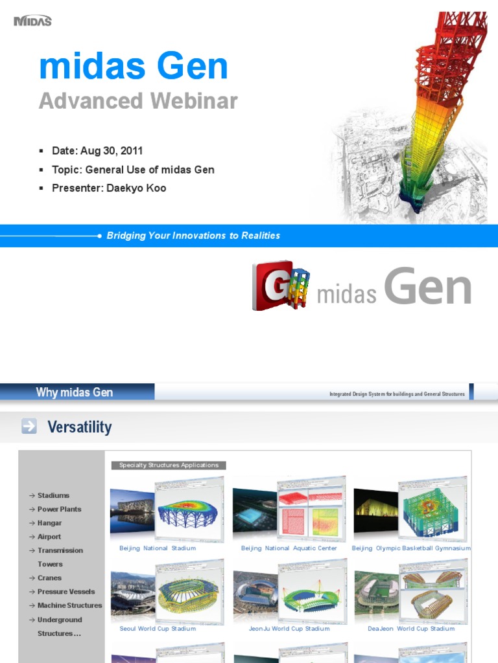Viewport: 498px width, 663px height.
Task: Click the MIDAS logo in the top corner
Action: coord(32,21)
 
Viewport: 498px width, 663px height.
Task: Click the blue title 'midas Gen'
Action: coord(134,67)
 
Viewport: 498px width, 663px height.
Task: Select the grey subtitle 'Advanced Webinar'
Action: coord(138,101)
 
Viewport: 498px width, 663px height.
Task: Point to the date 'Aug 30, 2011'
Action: coord(111,151)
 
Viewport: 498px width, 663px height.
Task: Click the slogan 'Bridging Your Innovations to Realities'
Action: coord(193,236)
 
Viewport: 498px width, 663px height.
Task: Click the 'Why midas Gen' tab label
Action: coord(75,392)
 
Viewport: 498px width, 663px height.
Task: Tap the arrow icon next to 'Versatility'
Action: coord(29,426)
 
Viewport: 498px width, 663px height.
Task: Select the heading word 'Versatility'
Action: coord(80,427)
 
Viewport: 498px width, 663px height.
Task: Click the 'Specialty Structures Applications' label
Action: coord(169,465)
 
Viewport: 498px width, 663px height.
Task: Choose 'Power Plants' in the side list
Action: coord(59,510)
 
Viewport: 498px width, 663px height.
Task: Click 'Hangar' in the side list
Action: coord(49,523)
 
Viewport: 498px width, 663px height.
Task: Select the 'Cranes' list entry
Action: coord(49,578)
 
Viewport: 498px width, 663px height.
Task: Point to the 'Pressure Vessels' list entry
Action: coord(65,592)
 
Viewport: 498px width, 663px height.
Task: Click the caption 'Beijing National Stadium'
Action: coord(158,548)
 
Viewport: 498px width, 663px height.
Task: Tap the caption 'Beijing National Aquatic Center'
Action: coord(289,548)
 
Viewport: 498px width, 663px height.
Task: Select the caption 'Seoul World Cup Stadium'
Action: coord(158,629)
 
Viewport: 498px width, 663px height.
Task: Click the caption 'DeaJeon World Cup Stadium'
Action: coord(411,629)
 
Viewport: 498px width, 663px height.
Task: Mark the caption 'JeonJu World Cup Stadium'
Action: coord(289,629)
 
